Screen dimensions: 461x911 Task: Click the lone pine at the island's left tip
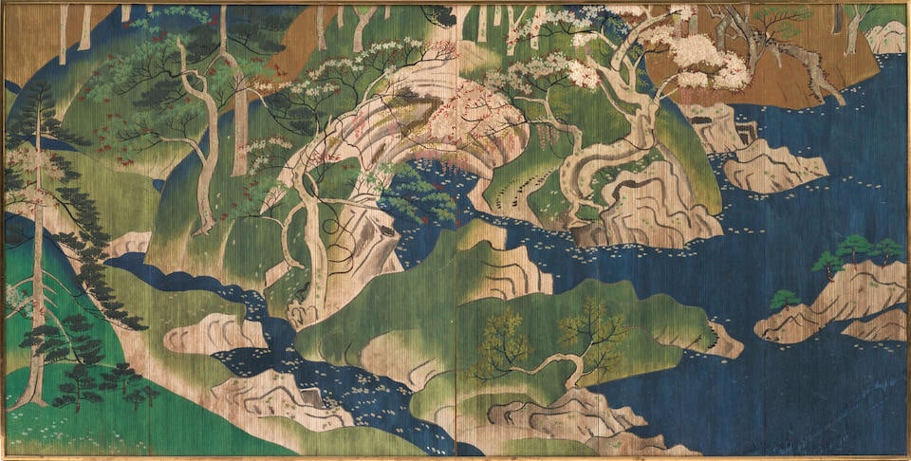point(785,301)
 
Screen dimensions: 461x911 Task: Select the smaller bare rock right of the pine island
point(878,325)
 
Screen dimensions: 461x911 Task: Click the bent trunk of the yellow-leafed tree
point(555,366)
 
